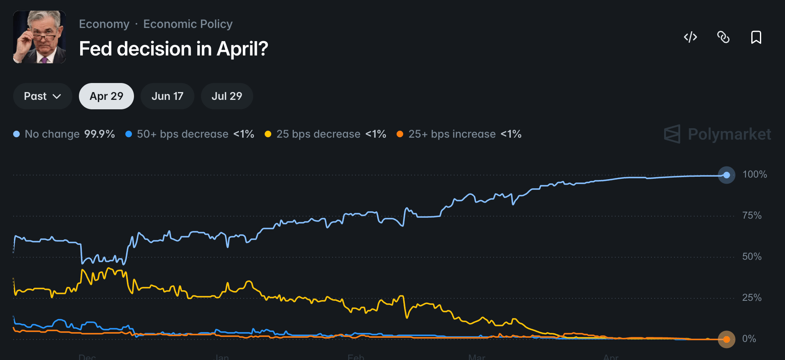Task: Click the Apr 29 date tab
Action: tap(106, 96)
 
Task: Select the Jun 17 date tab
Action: tap(167, 96)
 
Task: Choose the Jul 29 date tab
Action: tap(227, 96)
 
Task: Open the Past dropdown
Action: tap(42, 96)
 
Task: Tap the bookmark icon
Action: tap(756, 37)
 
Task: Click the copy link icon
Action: tap(723, 37)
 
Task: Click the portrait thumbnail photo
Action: tap(39, 37)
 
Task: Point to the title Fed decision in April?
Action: tap(173, 49)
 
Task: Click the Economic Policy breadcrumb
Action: tap(188, 24)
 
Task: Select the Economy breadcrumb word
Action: tap(104, 24)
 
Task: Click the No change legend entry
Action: tap(64, 134)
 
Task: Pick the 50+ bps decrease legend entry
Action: tap(190, 134)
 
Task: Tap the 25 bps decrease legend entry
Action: tap(326, 134)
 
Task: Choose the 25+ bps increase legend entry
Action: tap(459, 134)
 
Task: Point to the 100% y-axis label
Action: tap(755, 174)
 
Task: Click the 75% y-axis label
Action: tap(752, 215)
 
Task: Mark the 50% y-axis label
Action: tap(752, 256)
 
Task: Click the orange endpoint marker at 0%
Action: tap(727, 339)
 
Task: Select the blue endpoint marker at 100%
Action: tap(727, 175)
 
